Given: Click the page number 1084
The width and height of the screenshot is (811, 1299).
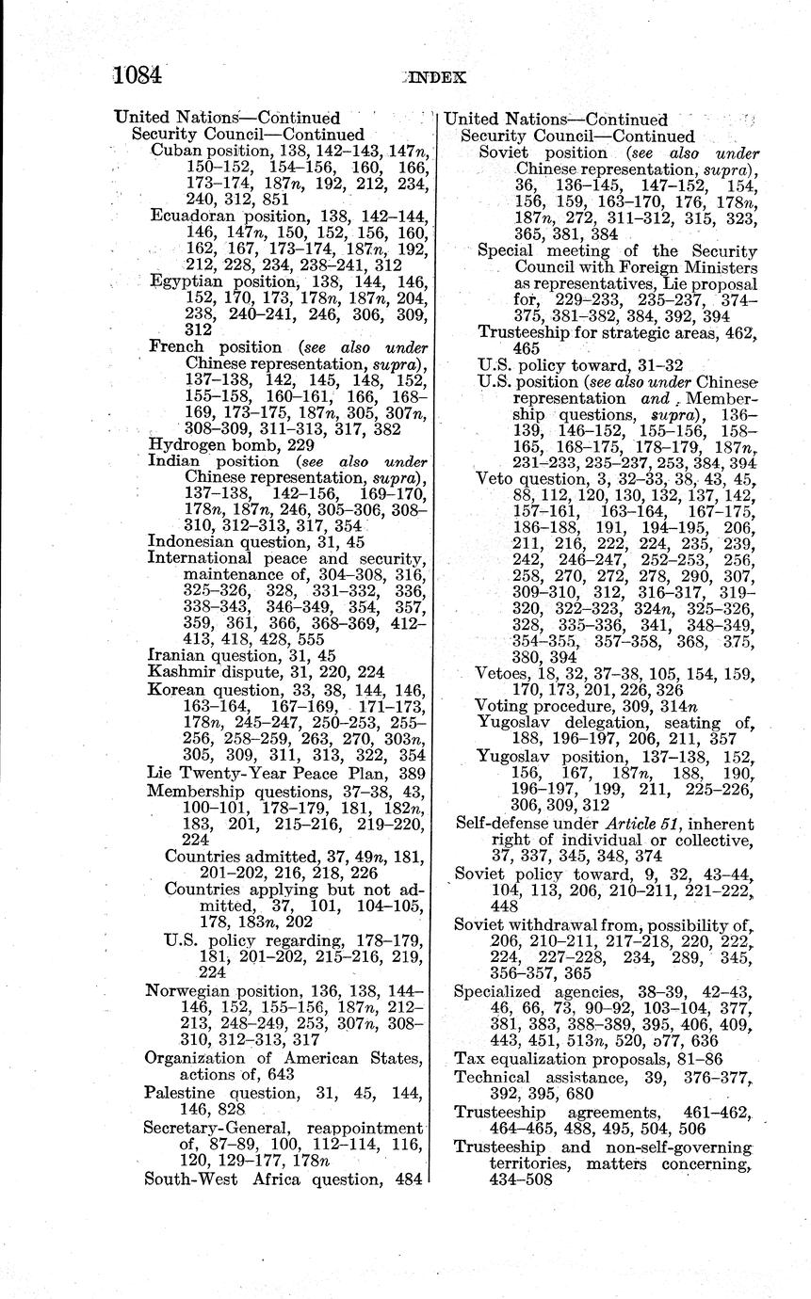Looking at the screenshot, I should [138, 74].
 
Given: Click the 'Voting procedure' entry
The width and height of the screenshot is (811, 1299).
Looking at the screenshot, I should [533, 705].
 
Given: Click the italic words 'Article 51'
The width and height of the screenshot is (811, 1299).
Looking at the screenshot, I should [616, 822].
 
